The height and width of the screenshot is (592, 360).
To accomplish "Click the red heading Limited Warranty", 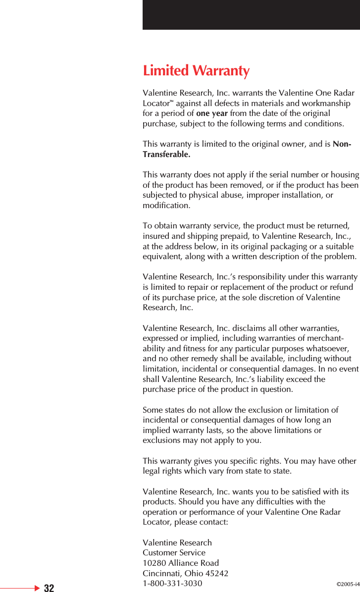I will coord(196,71).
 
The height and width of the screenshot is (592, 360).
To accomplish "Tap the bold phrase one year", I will coord(212,113).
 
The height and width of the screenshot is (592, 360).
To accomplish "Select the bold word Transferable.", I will coord(166,155).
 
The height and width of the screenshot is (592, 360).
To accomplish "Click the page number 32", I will coord(49,588).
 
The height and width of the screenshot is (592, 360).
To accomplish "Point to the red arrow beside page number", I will coord(37,588).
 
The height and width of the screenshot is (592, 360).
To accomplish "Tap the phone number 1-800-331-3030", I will coord(172,584).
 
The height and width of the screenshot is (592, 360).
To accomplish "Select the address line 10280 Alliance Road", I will coord(181,563).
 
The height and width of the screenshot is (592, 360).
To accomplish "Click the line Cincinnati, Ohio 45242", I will coord(185,574).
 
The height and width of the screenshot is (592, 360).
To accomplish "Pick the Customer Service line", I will coord(174,553).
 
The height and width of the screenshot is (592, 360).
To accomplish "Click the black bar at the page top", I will coord(251,15).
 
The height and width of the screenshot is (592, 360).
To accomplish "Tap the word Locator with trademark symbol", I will coord(156,104).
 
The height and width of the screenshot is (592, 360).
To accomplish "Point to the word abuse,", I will coord(226,195).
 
